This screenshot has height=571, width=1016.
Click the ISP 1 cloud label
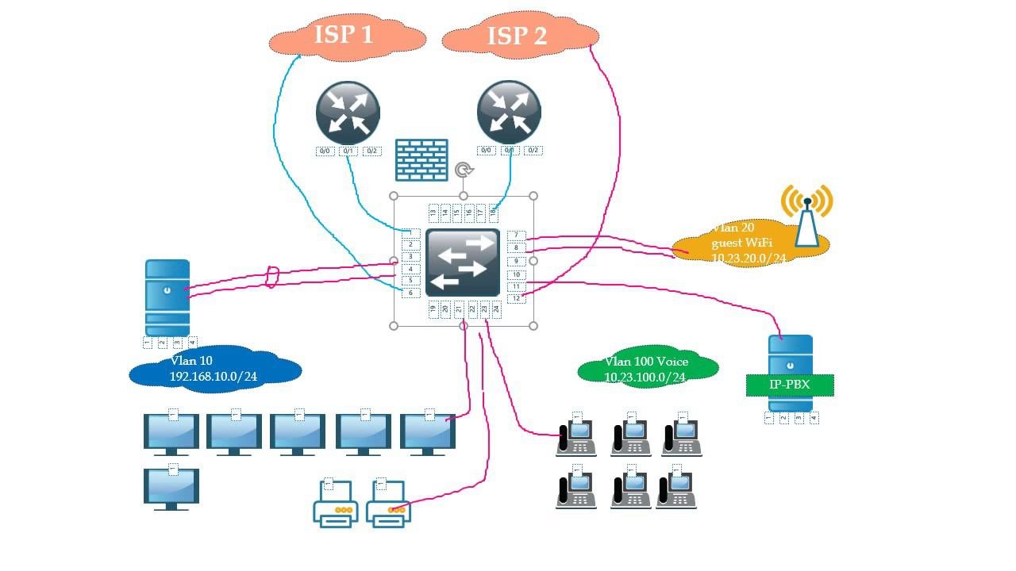344,34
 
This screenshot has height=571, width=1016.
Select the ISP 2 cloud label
517,36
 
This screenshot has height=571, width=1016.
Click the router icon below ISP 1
348,113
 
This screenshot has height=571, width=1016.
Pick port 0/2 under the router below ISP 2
533,151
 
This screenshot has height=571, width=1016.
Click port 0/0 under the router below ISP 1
325,151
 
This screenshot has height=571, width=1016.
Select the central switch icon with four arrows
463,263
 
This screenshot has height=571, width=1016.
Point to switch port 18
493,212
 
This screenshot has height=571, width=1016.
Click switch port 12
516,298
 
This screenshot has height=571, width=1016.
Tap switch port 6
410,293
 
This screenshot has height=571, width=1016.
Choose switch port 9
516,261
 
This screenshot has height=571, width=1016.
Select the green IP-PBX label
790,385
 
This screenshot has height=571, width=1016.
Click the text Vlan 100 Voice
646,362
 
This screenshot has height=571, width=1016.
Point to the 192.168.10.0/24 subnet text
214,377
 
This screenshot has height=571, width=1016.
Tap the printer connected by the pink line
388,504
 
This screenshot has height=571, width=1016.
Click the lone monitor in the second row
171,488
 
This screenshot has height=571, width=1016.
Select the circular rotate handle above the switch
464,170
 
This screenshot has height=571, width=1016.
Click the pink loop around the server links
272,277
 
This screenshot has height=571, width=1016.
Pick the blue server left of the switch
167,297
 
